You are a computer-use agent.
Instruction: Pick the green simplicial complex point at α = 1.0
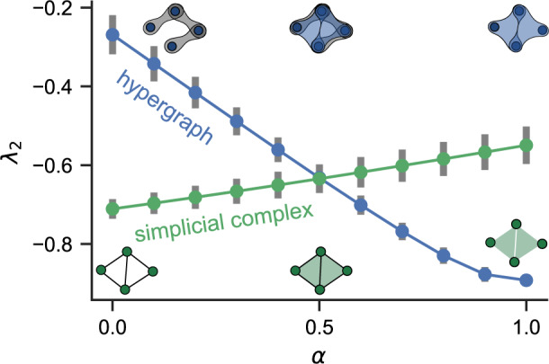pos(526,146)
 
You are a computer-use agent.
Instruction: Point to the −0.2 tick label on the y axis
pos(66,8)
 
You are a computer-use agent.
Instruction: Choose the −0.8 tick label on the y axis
pos(66,244)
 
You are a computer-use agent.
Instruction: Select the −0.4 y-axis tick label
pos(66,87)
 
